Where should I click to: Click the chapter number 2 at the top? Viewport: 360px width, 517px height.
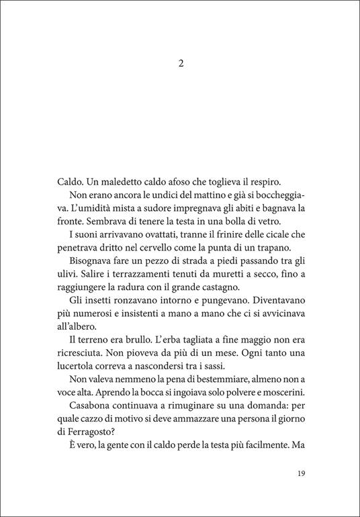(x=181, y=64)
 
